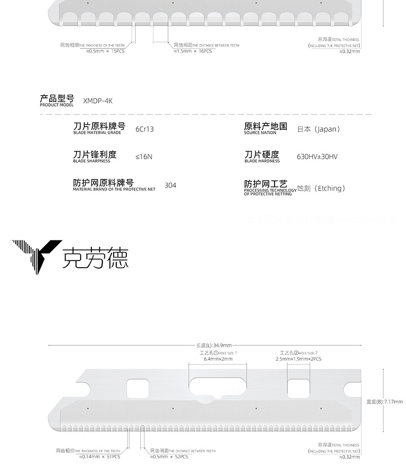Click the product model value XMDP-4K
tap(97, 101)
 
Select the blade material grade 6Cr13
tap(145, 129)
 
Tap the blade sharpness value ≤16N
tap(144, 157)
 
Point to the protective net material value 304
tap(171, 186)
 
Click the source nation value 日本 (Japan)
tap(318, 129)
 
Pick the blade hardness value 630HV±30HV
tap(317, 157)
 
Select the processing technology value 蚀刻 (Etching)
tap(321, 188)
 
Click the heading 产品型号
tap(57, 98)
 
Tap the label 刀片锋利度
tap(95, 154)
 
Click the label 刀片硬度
tap(262, 154)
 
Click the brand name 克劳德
tap(95, 258)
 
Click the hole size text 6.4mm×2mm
tap(218, 359)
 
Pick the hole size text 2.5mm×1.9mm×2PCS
tap(298, 359)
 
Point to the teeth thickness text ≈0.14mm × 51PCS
tap(99, 457)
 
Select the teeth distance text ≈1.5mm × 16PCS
tap(192, 51)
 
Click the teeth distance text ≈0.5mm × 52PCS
tap(169, 457)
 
